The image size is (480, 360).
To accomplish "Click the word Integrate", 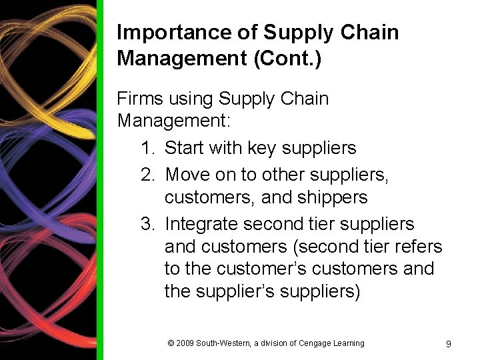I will [201, 224].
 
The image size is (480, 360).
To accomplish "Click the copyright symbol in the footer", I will [171, 343].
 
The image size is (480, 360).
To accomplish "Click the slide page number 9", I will [448, 344].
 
